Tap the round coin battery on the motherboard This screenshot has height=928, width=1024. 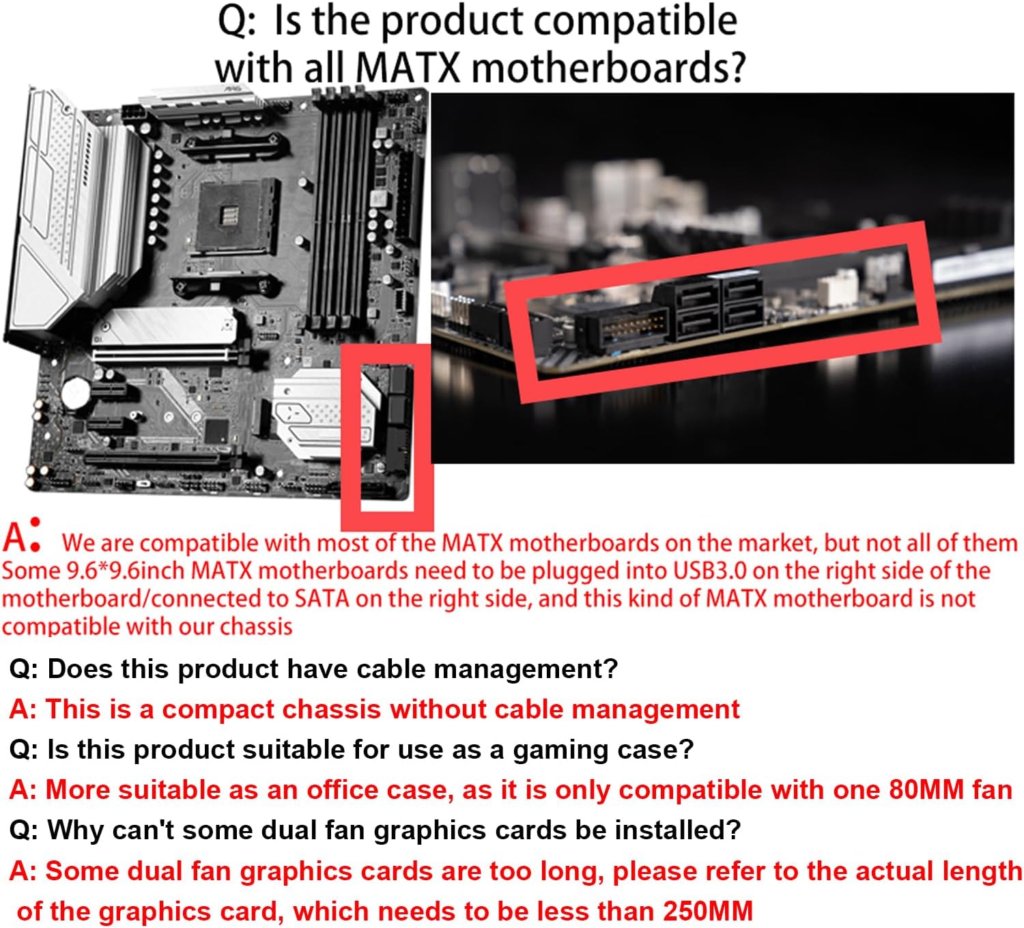point(76,392)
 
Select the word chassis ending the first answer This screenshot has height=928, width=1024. point(256,626)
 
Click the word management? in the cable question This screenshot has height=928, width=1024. point(526,669)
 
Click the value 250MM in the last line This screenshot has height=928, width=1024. point(707,911)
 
